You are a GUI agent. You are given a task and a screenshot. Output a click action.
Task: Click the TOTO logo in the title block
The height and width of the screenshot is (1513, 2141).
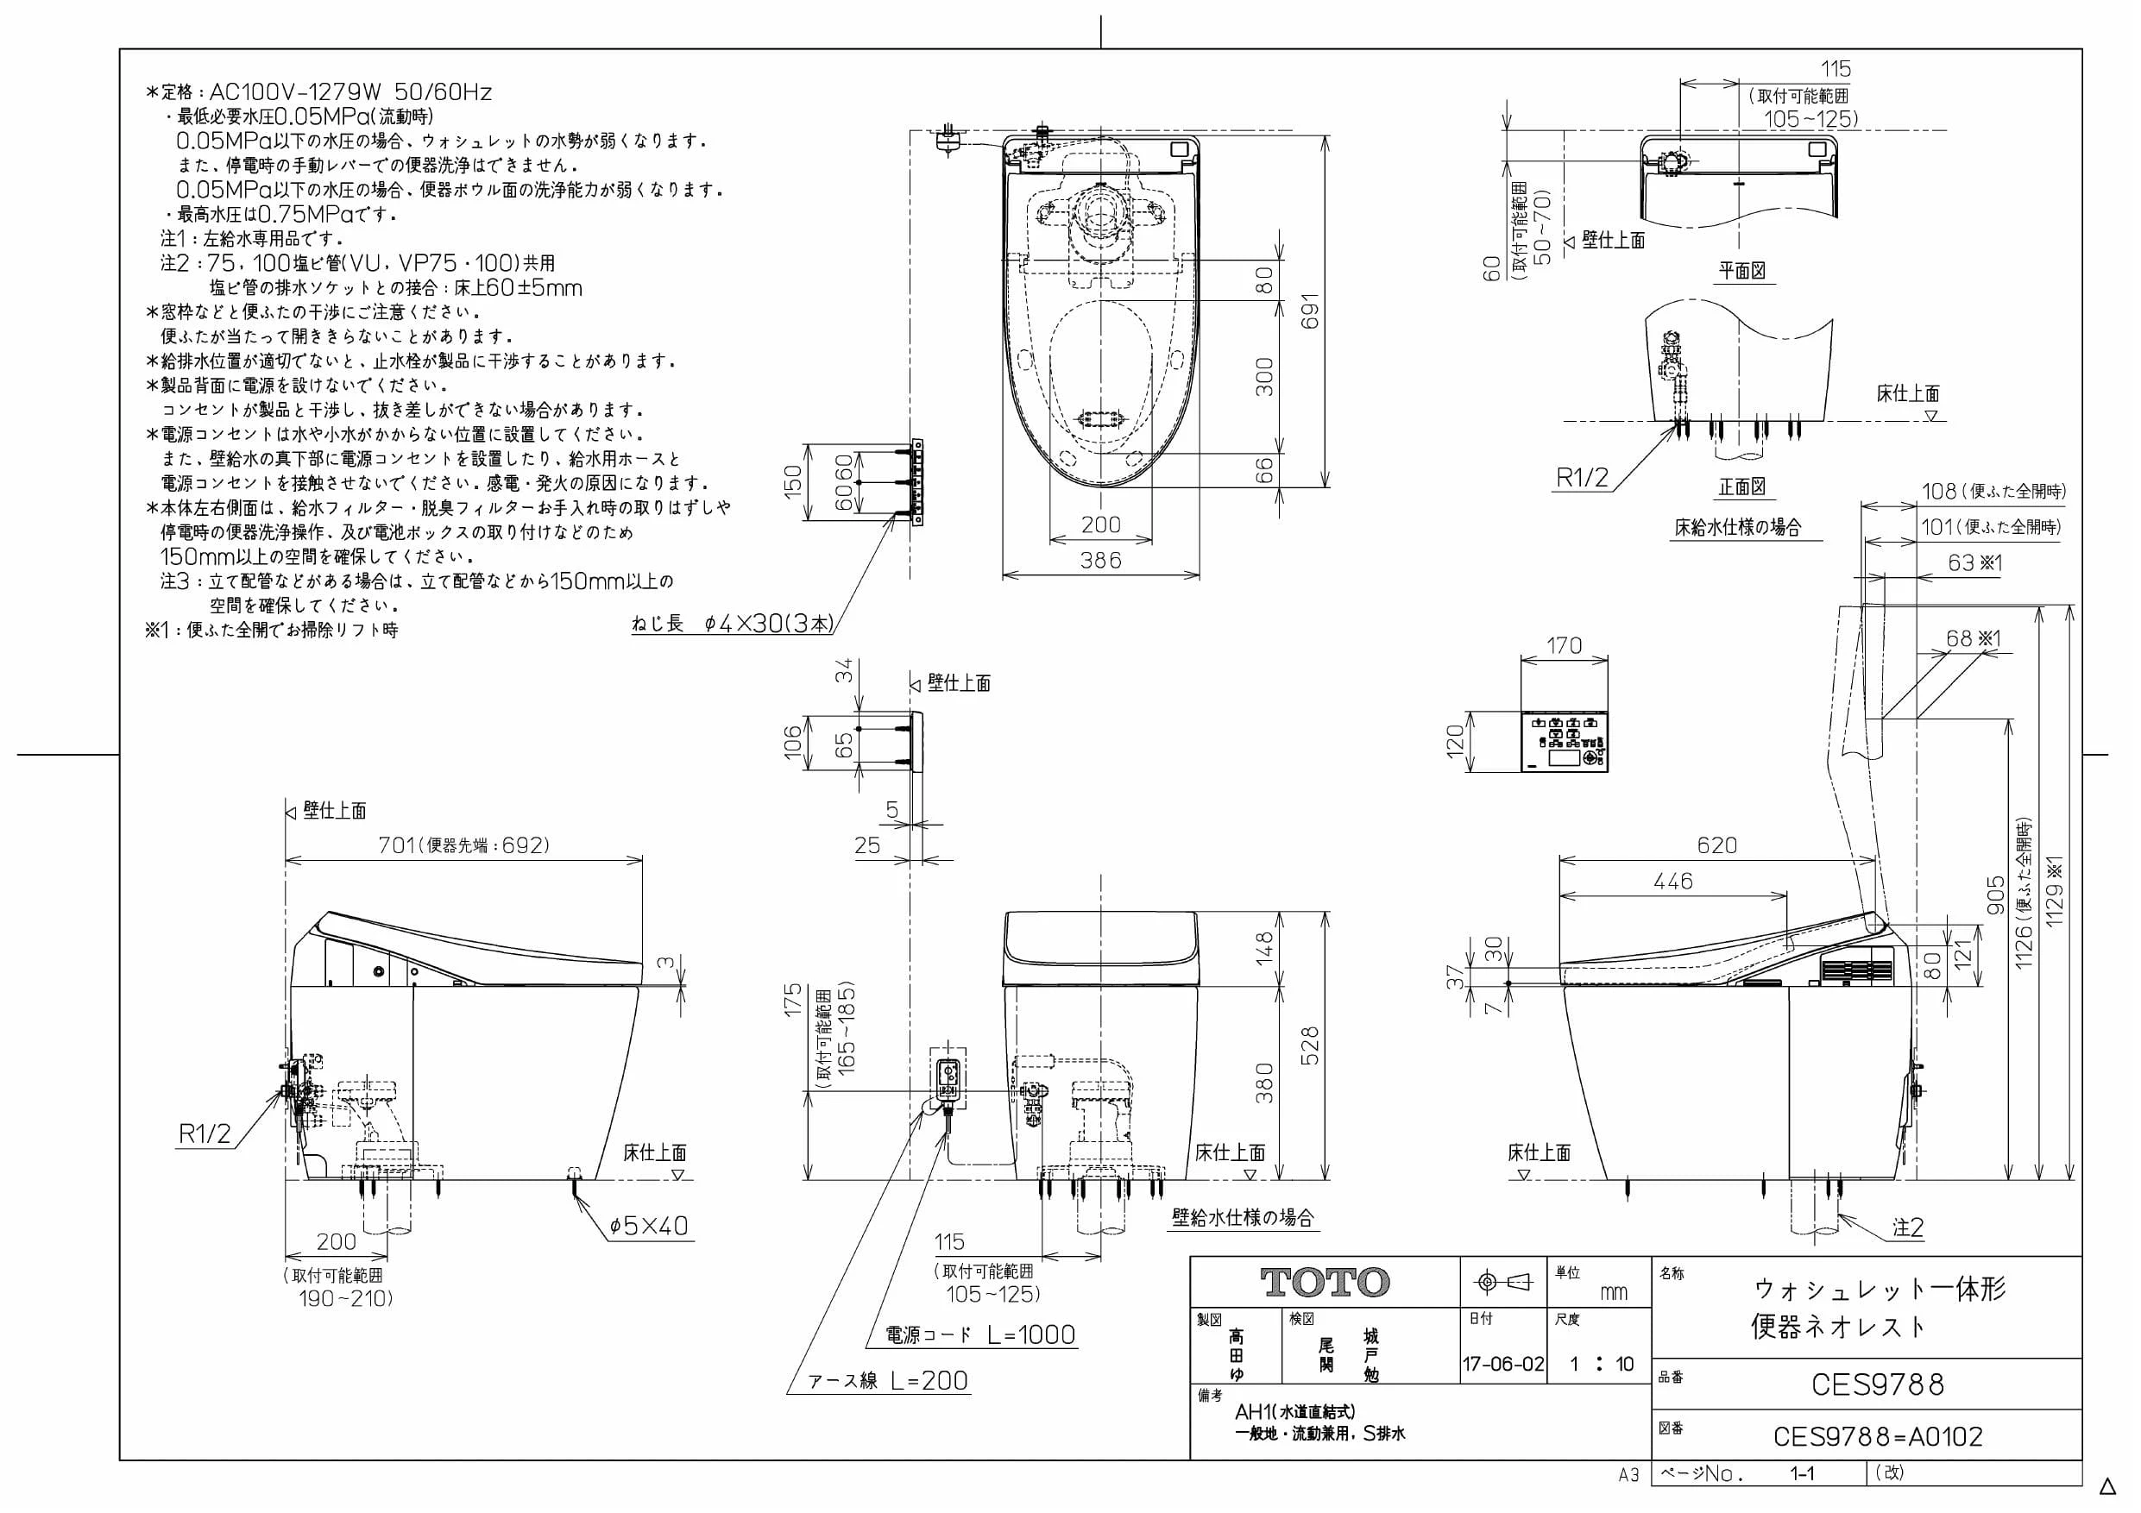pos(1325,1283)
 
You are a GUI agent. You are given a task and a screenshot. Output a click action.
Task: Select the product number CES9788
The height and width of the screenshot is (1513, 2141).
pos(1877,1384)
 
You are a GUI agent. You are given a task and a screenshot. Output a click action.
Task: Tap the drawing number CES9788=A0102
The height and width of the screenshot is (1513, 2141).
pos(1877,1436)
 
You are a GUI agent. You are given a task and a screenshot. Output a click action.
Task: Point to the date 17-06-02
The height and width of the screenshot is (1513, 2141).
pos(1503,1364)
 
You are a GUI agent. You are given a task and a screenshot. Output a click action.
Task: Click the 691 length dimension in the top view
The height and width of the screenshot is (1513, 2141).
pos(1311,311)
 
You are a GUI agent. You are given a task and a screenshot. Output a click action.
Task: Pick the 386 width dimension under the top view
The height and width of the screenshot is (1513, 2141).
pos(1100,561)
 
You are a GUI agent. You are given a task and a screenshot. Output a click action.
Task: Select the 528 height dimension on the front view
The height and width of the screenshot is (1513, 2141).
pos(1310,1046)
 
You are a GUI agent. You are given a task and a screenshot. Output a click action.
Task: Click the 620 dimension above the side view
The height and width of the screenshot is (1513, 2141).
pos(1716,844)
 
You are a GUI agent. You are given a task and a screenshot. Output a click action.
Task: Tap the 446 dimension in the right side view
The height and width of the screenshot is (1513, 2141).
pos(1673,881)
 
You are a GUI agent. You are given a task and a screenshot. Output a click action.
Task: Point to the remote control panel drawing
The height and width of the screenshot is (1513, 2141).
pos(1565,742)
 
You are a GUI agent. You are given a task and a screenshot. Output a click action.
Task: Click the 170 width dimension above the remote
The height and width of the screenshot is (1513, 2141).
pos(1564,645)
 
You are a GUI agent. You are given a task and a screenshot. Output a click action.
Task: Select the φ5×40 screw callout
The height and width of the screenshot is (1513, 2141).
pos(649,1225)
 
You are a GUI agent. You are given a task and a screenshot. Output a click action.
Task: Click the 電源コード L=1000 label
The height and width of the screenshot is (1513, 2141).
pos(980,1335)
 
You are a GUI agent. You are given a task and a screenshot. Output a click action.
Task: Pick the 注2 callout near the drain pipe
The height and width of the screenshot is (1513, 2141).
pos(1908,1227)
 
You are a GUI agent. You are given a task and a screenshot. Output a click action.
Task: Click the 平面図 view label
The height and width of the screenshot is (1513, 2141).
pos(1743,270)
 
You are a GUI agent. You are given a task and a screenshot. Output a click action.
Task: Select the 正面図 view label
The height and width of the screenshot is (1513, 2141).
pos(1743,487)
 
